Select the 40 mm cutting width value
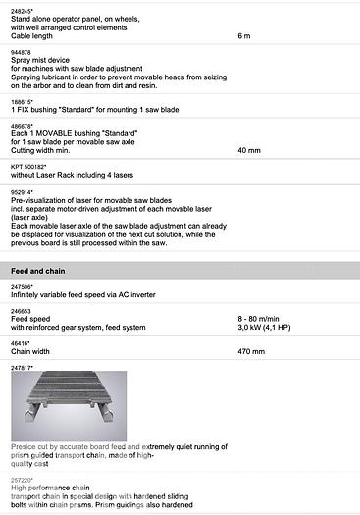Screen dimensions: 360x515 click(x=249, y=152)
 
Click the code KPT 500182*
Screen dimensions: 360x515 click(x=31, y=167)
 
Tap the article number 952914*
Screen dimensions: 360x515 click(x=23, y=191)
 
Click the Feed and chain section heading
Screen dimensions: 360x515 click(x=38, y=268)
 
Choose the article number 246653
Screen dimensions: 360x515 click(x=21, y=310)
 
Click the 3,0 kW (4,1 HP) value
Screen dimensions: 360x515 click(x=270, y=328)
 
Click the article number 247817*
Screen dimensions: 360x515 click(x=23, y=366)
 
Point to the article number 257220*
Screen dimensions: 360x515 click(x=23, y=479)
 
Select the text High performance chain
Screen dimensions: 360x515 click(x=49, y=488)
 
